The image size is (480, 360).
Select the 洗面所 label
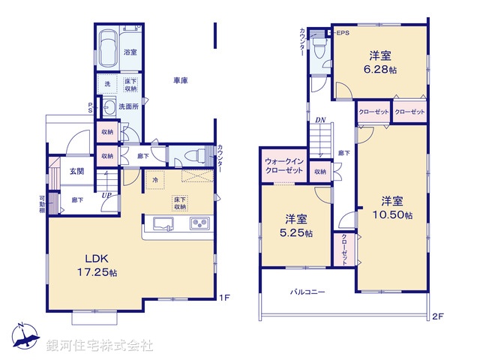[130, 106]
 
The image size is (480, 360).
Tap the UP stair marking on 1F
[107, 196]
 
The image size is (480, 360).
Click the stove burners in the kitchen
[200, 223]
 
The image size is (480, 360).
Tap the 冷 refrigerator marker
[155, 181]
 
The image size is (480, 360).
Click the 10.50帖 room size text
[393, 215]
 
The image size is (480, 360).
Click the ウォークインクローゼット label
[283, 166]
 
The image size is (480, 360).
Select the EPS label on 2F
[342, 33]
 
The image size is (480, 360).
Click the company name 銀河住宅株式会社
[100, 346]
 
